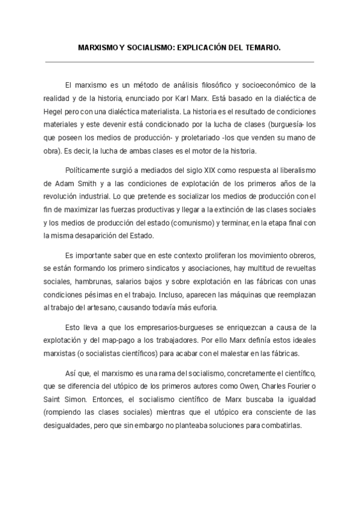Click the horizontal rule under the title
point(179,62)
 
